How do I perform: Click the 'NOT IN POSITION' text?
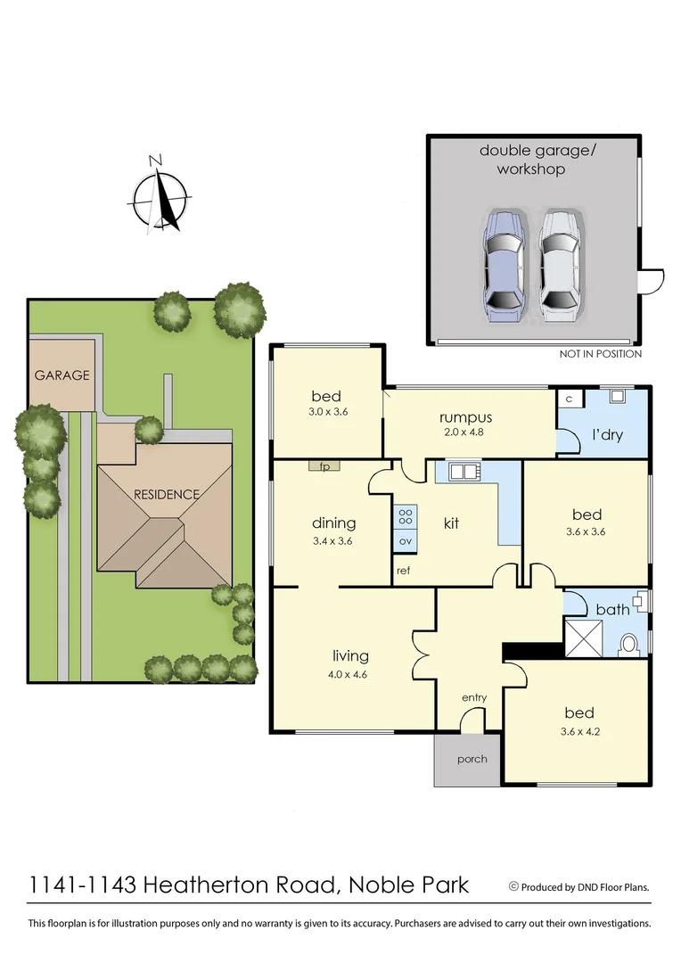(x=600, y=354)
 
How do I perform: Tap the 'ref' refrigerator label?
(x=403, y=569)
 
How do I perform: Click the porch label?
(x=472, y=760)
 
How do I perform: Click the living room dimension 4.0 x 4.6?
(x=347, y=674)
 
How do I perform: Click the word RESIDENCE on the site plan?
(x=167, y=494)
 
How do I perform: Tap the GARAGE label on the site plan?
(x=62, y=375)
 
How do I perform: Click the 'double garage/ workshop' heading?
(x=530, y=159)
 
